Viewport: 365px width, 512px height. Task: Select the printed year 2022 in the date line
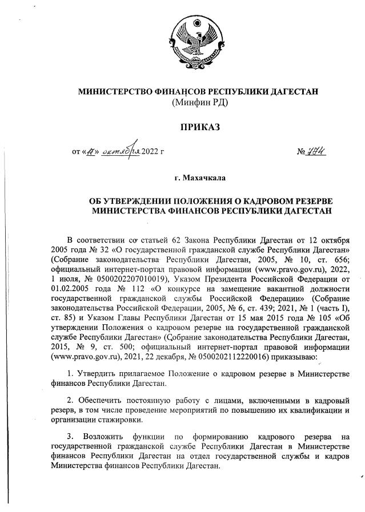point(150,152)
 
